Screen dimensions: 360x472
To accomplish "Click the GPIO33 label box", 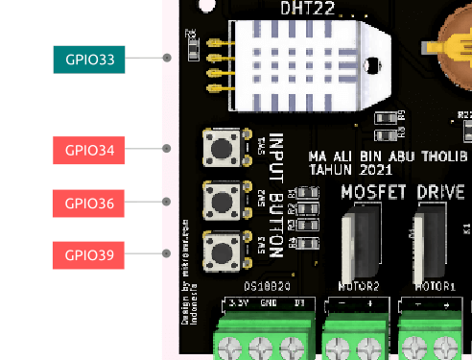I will tap(89, 60).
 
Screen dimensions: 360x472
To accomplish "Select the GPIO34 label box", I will tap(89, 151).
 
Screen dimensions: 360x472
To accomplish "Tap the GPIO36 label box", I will tap(89, 204).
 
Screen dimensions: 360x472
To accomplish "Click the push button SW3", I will tap(222, 252).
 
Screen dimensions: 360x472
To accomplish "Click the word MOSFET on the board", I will tap(373, 191).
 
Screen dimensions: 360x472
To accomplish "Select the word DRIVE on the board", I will tap(441, 191).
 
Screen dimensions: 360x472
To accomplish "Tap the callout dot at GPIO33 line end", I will tap(167, 58).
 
